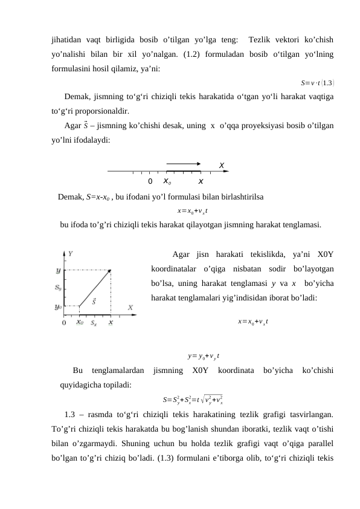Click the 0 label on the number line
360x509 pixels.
click(x=150, y=181)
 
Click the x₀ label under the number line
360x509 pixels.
click(x=167, y=181)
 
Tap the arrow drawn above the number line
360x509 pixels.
click(x=184, y=163)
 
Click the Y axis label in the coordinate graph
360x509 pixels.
click(x=71, y=254)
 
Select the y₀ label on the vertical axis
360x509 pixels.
click(x=59, y=306)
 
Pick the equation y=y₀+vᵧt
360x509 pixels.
click(x=203, y=356)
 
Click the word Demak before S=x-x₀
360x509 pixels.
click(x=70, y=196)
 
